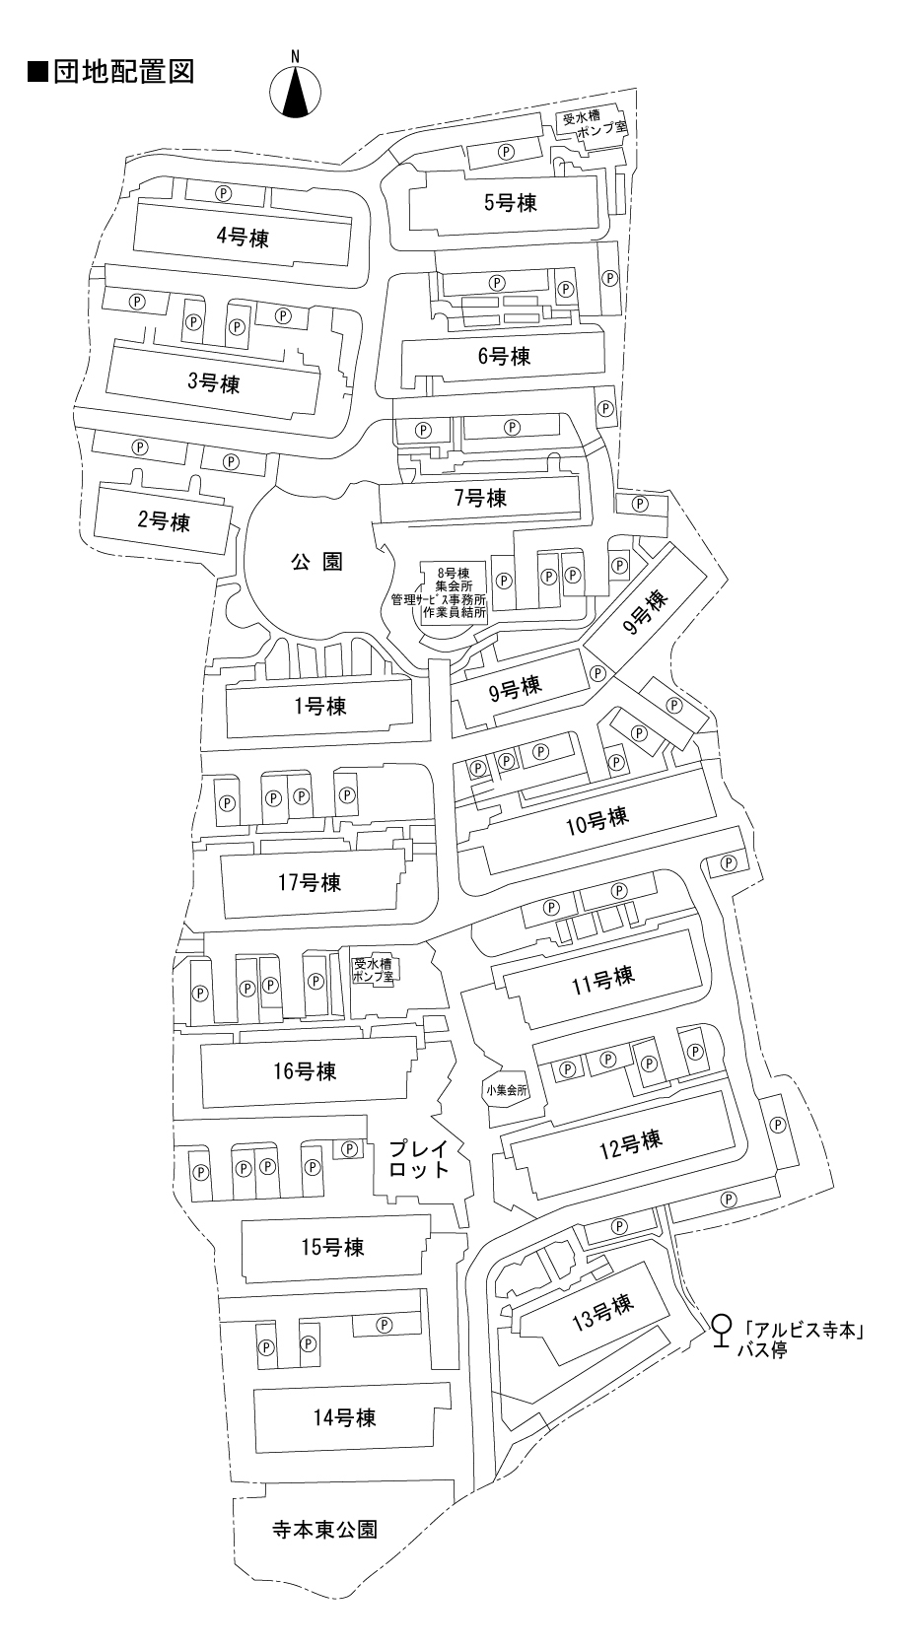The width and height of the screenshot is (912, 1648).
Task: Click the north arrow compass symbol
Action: [295, 87]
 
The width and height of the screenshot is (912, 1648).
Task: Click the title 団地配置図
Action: [109, 72]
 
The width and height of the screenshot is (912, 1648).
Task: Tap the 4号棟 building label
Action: [243, 237]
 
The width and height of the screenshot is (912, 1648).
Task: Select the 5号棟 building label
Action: [510, 203]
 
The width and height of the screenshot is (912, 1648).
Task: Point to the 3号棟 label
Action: [214, 382]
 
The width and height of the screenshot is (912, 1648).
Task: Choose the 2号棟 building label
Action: [164, 521]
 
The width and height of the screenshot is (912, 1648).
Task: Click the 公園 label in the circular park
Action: [316, 562]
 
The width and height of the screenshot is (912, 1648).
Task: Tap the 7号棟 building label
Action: [480, 498]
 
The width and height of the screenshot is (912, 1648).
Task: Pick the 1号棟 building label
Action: [319, 706]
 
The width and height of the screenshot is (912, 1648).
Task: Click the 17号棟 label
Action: [310, 882]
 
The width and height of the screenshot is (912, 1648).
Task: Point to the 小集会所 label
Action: [507, 1091]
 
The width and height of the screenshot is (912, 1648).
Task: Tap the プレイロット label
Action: [419, 1159]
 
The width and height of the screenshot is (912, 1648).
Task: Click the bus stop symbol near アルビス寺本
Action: [722, 1329]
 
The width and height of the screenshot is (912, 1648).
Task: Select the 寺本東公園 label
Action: [324, 1530]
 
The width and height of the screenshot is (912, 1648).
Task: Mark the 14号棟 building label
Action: [344, 1418]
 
